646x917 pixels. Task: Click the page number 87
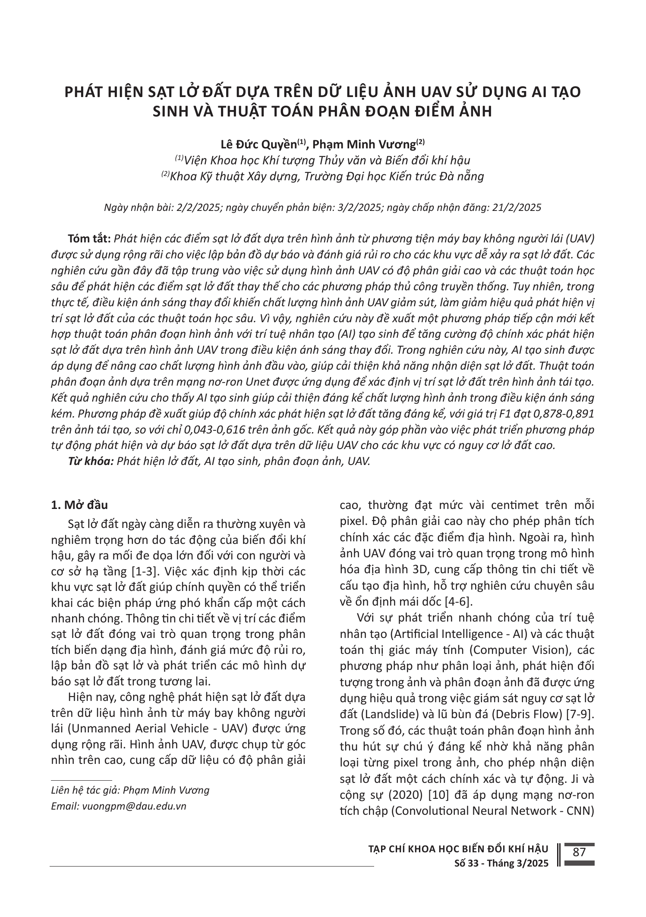click(x=579, y=852)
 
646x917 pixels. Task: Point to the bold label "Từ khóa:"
click(x=91, y=461)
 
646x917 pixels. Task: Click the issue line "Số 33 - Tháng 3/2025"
click(x=501, y=863)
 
